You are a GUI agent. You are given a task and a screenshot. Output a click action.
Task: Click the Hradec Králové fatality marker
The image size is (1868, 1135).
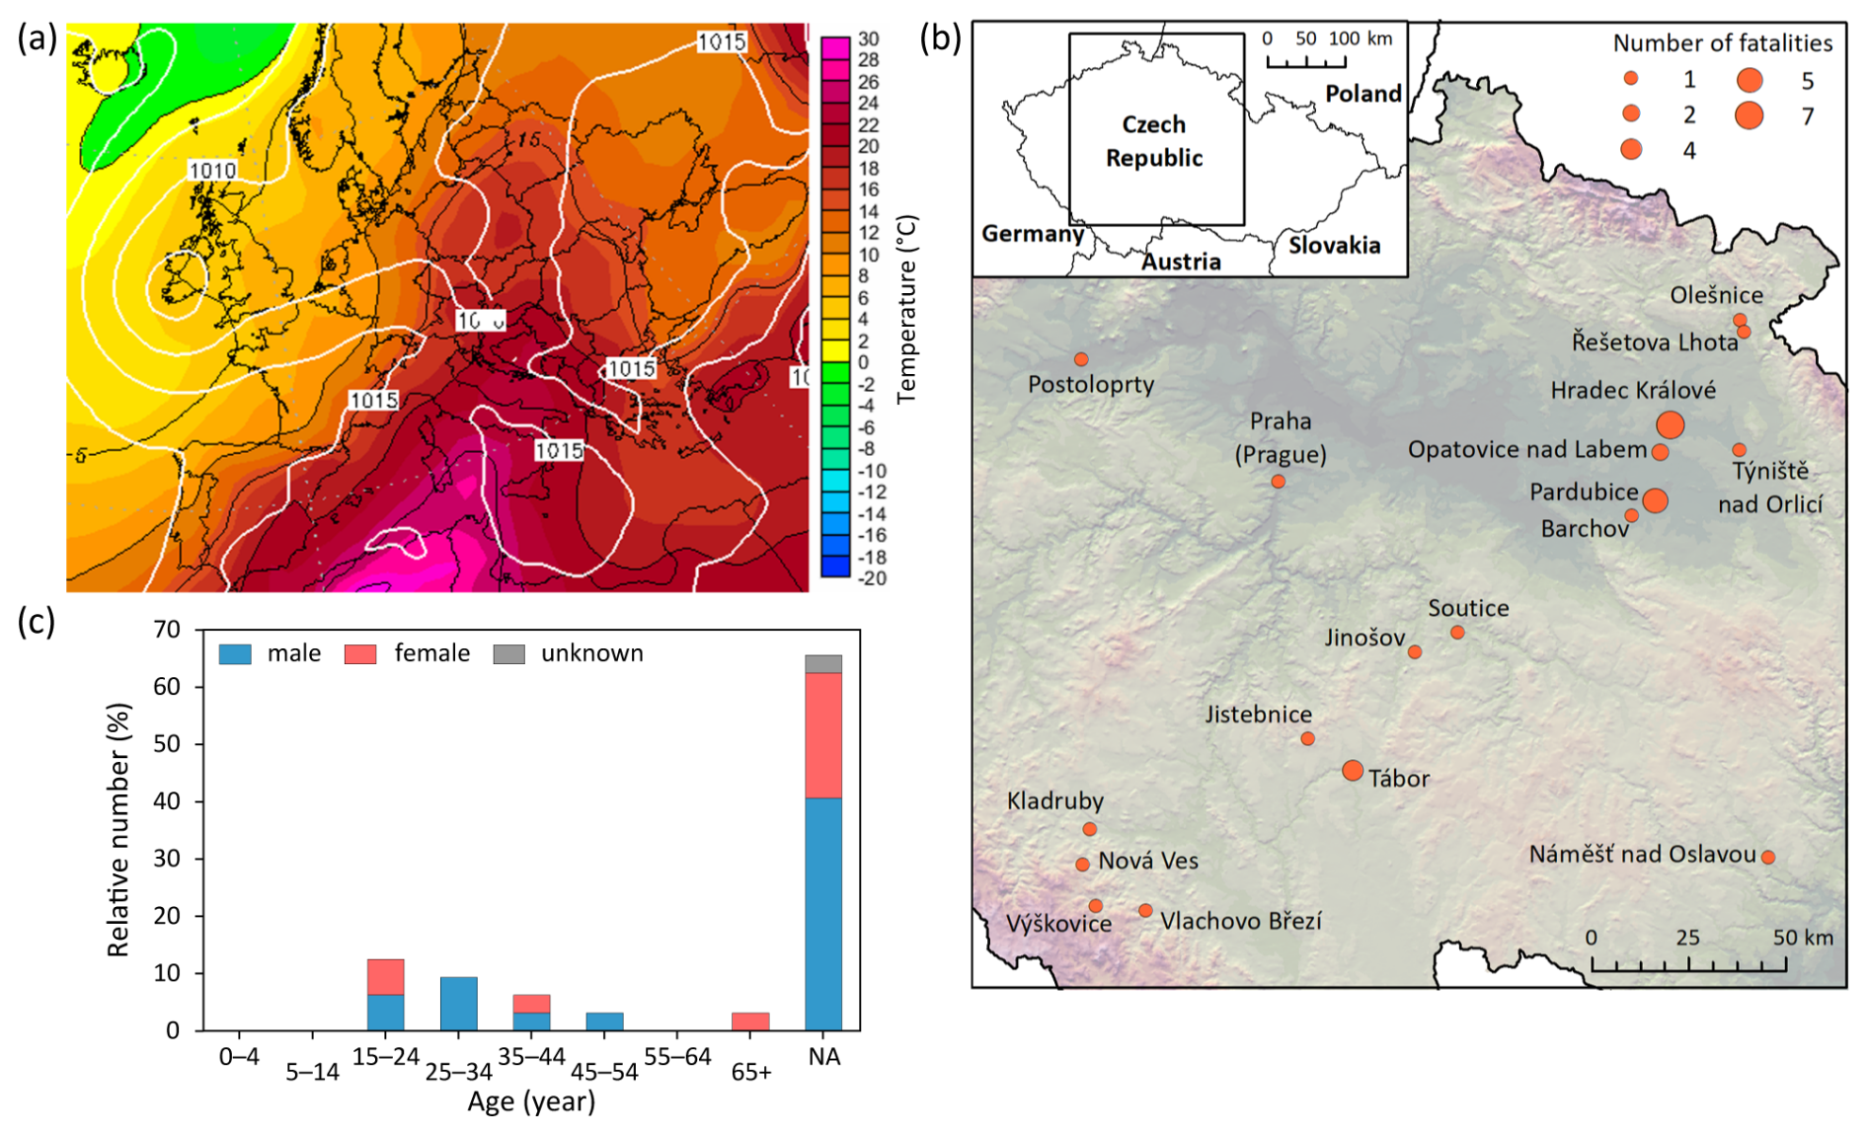(1670, 424)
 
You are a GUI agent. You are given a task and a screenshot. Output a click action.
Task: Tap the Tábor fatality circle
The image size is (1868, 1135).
(1353, 771)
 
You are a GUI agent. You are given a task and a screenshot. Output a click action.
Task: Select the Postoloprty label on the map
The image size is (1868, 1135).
(1091, 384)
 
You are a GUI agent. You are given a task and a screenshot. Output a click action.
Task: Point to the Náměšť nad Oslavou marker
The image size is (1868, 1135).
(1767, 858)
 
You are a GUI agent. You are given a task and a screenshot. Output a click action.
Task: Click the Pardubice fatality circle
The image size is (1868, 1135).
(1656, 500)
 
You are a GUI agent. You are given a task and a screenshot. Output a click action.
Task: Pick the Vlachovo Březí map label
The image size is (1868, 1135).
(1240, 921)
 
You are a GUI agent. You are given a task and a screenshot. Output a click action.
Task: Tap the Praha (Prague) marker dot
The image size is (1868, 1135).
(1278, 482)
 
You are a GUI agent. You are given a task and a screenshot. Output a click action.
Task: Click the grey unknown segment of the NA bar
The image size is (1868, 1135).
(823, 664)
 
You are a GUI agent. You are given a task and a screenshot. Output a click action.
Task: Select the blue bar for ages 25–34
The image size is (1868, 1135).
(458, 1003)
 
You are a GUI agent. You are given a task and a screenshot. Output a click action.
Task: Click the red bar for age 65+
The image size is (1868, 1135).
(750, 1021)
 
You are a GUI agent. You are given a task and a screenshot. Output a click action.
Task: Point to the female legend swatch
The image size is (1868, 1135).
(360, 654)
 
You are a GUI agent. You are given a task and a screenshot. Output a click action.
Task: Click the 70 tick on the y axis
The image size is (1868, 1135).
(168, 630)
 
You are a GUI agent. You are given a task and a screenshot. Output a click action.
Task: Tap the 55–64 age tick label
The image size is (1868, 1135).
(677, 1057)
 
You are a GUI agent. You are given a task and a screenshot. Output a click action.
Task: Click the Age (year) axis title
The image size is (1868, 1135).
(531, 1101)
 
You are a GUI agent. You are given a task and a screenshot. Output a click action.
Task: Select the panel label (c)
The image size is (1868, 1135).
(37, 622)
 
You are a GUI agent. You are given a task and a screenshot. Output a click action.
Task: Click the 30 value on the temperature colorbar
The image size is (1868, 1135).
(868, 39)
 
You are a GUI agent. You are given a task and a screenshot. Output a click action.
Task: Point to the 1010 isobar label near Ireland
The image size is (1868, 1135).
(211, 171)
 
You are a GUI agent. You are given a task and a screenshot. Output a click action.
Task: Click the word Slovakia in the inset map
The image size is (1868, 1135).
(1334, 245)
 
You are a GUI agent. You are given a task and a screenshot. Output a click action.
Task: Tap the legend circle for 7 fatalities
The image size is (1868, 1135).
(1749, 115)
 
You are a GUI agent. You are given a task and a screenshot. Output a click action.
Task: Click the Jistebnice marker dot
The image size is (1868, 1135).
(1307, 738)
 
